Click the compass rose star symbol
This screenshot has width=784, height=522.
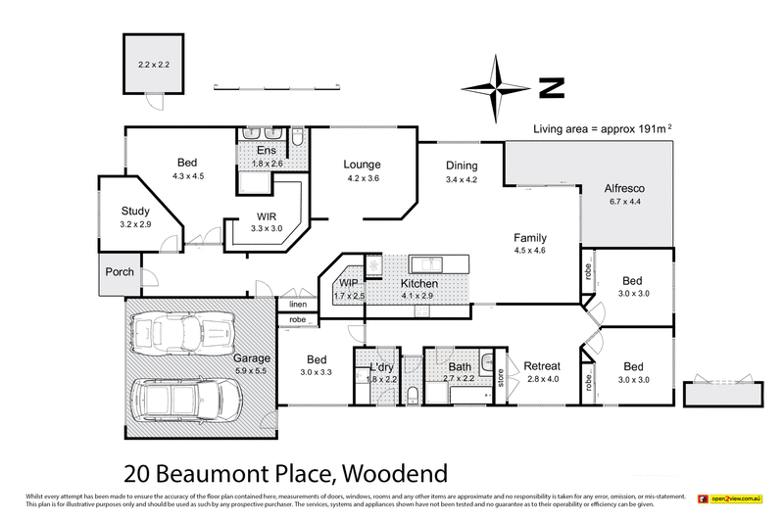click(497, 87)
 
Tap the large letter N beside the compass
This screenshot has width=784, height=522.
click(552, 88)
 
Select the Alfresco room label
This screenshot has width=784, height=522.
click(623, 187)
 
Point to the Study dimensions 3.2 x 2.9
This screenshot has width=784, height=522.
click(135, 224)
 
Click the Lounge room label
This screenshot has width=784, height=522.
click(362, 165)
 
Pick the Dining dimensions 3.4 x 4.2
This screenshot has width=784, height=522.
click(461, 179)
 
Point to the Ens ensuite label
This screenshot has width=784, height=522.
click(267, 151)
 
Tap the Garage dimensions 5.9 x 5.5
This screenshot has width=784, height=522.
click(250, 371)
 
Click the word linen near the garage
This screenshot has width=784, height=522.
click(297, 305)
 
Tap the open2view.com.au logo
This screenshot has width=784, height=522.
click(732, 498)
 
